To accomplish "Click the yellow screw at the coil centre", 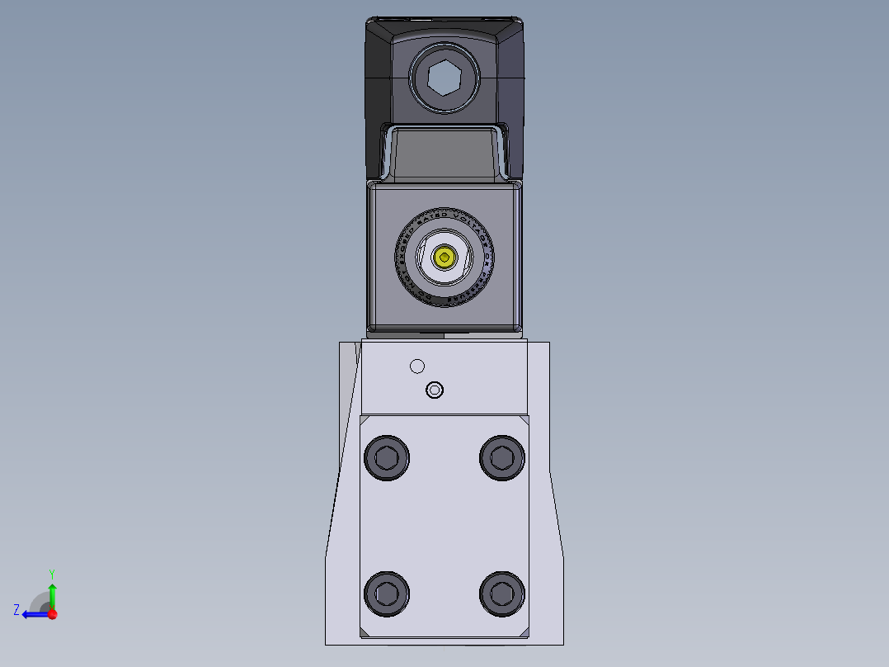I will click(x=445, y=258).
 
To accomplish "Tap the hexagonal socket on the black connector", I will click(x=444, y=78).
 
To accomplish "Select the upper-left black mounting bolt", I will click(x=386, y=456).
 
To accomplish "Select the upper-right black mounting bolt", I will click(x=502, y=456).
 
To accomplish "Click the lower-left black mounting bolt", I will click(x=386, y=592).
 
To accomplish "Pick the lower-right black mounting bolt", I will click(x=502, y=592).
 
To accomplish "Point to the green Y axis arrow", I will click(x=52, y=593).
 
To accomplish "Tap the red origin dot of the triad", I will click(x=52, y=614).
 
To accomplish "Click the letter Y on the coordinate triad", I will click(x=52, y=573).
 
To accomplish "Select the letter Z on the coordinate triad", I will click(x=16, y=610).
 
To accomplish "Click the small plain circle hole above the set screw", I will click(x=417, y=367).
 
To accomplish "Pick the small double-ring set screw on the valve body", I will click(x=434, y=390).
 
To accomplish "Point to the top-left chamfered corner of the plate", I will click(x=364, y=419).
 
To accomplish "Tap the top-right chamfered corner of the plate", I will click(x=525, y=419).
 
